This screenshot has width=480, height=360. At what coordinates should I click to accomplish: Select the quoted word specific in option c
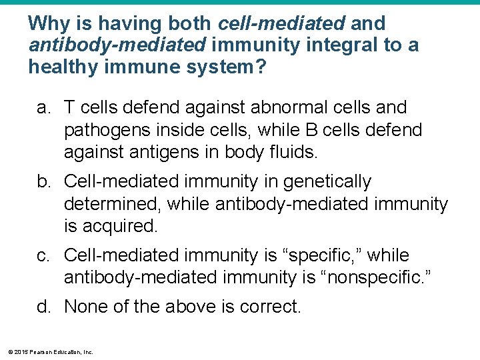326,255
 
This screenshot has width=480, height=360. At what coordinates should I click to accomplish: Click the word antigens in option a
157,151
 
